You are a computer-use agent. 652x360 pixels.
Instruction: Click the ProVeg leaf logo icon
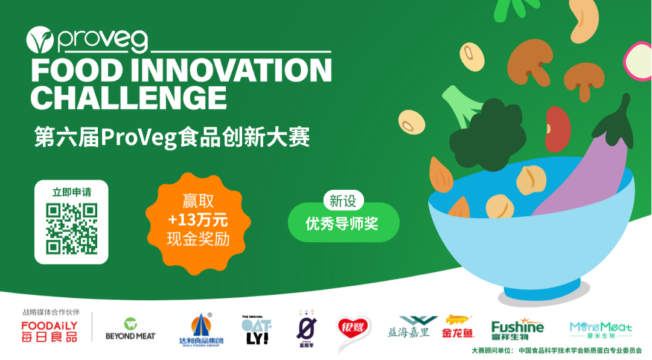tap(40, 40)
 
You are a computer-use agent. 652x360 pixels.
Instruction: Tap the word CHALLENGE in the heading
tap(129, 97)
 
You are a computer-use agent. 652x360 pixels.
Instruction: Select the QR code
tap(71, 229)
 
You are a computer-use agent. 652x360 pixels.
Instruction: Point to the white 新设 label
tap(342, 201)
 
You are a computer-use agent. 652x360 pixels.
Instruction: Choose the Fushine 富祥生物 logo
tap(517, 330)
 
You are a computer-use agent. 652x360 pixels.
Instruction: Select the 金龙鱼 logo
tap(458, 327)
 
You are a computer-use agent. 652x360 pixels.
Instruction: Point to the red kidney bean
tap(558, 124)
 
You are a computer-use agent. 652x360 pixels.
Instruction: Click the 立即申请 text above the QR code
tap(71, 192)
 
